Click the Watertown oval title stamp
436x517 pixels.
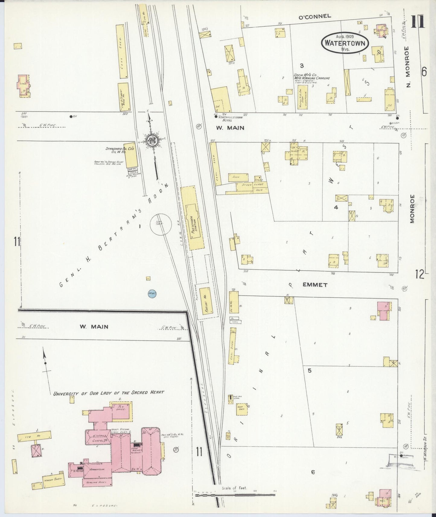345,43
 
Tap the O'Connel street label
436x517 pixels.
314,17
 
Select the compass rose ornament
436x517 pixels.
153,141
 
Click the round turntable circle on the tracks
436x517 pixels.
161,224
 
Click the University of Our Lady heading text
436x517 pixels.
109,393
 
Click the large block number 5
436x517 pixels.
309,371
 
